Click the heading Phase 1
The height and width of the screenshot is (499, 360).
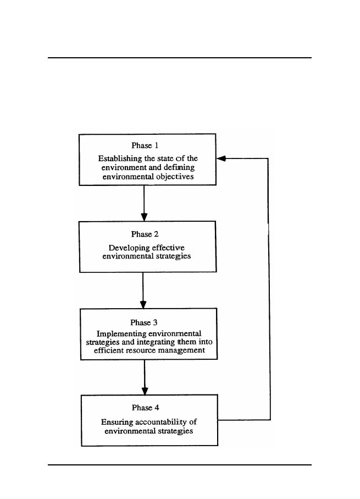point(145,145)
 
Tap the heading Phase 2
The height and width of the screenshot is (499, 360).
point(145,234)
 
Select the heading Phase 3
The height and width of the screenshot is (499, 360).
point(144,323)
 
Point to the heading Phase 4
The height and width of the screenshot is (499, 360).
point(145,408)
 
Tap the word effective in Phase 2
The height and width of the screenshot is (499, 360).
point(168,248)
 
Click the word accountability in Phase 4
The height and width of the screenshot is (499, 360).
point(161,423)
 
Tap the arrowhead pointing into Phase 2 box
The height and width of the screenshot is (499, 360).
point(144,217)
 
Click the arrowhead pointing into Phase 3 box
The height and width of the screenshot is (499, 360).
point(143,304)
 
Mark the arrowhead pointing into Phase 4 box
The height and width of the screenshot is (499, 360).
point(145,391)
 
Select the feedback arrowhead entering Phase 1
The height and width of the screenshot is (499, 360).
point(221,158)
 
